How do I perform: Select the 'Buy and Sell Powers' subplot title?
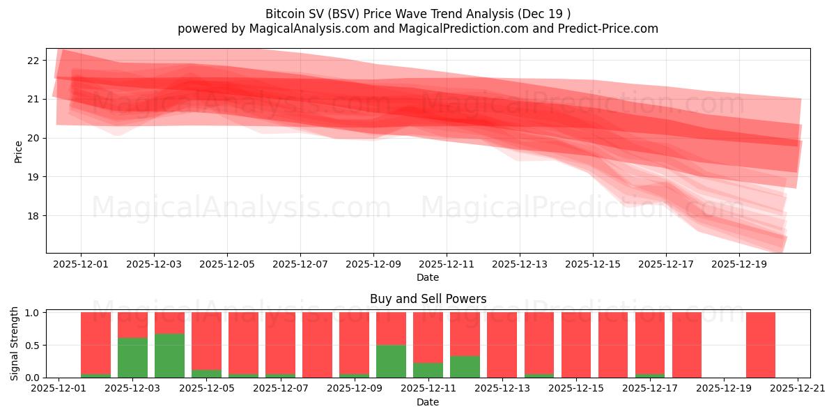pyautogui.click(x=428, y=300)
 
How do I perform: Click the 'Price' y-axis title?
pyautogui.click(x=18, y=150)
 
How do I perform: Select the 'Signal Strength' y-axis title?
pyautogui.click(x=15, y=343)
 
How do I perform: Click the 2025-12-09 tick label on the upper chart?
pyautogui.click(x=373, y=265)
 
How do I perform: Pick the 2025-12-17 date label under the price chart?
pyautogui.click(x=666, y=265)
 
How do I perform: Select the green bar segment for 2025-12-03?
pyautogui.click(x=132, y=357)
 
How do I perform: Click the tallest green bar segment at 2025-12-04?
pyautogui.click(x=169, y=355)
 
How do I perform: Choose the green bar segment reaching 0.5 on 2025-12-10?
pyautogui.click(x=391, y=361)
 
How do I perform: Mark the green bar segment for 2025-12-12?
pyautogui.click(x=465, y=366)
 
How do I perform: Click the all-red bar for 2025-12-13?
pyautogui.click(x=502, y=345)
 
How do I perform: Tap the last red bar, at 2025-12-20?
pyautogui.click(x=760, y=345)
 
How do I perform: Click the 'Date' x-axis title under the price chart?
pyautogui.click(x=428, y=277)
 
